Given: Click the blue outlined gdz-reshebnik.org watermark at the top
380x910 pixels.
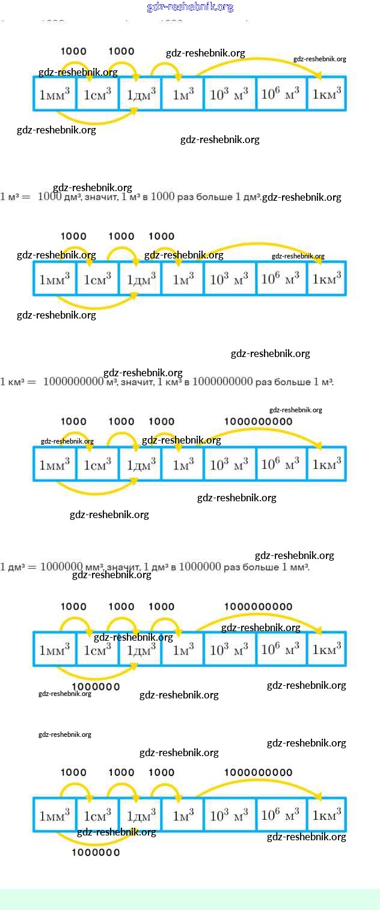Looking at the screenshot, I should click(x=190, y=7).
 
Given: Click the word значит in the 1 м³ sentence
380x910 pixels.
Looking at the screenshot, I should click(x=102, y=197).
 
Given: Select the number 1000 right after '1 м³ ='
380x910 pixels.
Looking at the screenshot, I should click(x=50, y=197).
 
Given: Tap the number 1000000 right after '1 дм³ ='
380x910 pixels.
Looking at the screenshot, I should click(x=61, y=567).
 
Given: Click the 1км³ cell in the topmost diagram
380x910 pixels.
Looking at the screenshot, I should click(x=326, y=94).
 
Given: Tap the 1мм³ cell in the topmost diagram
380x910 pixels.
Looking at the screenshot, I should click(x=55, y=94).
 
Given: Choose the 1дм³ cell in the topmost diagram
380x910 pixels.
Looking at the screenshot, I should click(x=141, y=94).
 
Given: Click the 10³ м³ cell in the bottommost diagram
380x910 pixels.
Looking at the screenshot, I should click(x=230, y=816).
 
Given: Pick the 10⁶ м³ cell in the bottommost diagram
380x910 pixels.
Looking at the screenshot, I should click(x=281, y=816).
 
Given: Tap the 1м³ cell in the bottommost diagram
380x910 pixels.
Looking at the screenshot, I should click(x=183, y=816).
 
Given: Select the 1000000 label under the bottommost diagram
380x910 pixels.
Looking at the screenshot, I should click(x=96, y=852).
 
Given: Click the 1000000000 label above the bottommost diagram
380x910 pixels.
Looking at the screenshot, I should click(x=259, y=772).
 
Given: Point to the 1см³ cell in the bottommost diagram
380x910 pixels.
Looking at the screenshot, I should click(x=97, y=816).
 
